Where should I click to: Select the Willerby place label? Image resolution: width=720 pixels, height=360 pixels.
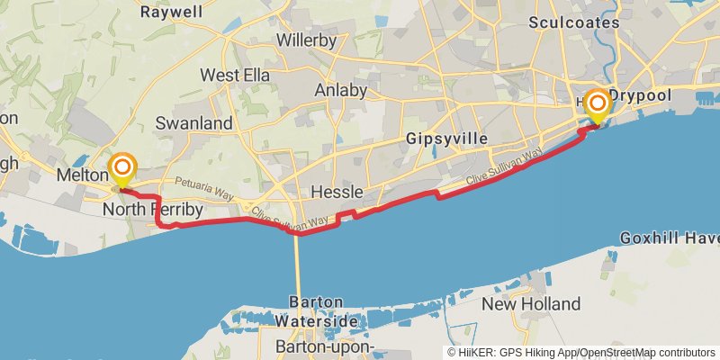click(x=306, y=40)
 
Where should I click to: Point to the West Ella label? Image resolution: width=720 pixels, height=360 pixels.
click(x=235, y=75)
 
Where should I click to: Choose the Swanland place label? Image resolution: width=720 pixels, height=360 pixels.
click(x=193, y=122)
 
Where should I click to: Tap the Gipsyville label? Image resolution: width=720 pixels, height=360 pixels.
click(x=446, y=139)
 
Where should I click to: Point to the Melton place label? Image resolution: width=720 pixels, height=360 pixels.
click(x=82, y=174)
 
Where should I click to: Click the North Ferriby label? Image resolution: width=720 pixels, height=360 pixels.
click(x=153, y=210)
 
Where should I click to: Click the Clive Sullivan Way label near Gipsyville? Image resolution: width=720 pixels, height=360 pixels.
click(x=505, y=169)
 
